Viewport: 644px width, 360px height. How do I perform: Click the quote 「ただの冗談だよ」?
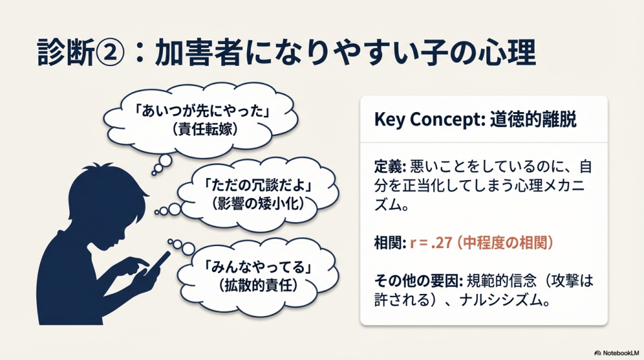click(x=258, y=185)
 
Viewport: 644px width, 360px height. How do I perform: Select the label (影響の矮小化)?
click(x=258, y=204)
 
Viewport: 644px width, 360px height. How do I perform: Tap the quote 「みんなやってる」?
click(x=258, y=267)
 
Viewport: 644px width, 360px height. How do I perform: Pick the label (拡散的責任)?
click(x=258, y=286)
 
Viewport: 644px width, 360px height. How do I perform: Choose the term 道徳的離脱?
click(x=533, y=119)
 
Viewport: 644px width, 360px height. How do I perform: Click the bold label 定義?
click(x=390, y=167)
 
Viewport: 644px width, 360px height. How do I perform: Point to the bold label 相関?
click(x=390, y=243)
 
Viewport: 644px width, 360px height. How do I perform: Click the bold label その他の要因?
click(x=418, y=281)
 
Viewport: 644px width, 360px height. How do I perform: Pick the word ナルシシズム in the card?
click(x=500, y=300)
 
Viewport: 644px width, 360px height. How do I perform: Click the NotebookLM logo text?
click(x=621, y=353)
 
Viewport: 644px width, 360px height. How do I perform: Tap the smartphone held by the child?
click(x=158, y=262)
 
